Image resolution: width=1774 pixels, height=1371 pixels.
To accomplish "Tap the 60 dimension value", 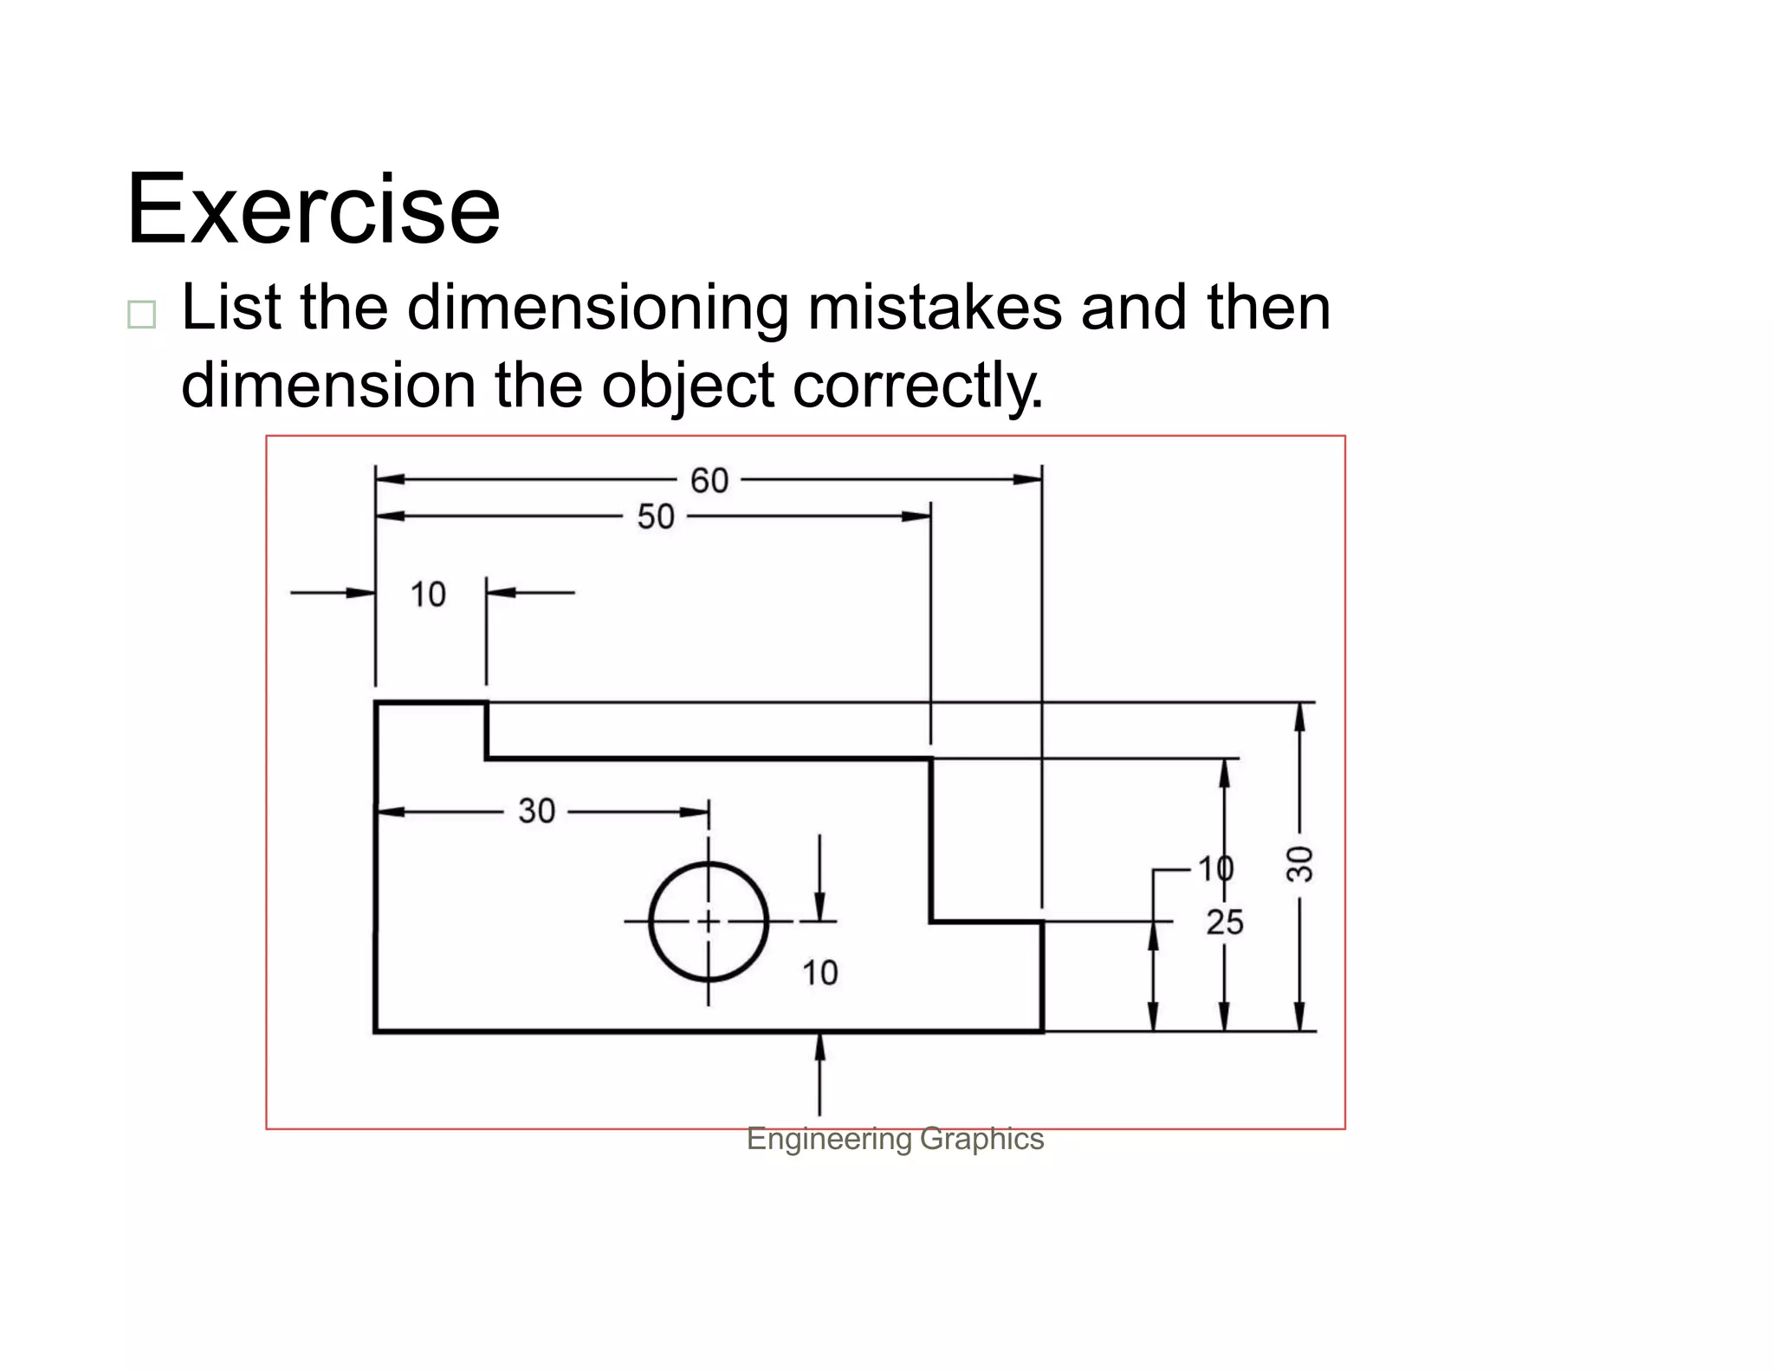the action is (709, 481).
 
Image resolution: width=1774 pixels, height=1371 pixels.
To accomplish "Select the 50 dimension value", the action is (656, 517).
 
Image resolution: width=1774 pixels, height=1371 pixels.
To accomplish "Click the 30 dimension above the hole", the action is (536, 811).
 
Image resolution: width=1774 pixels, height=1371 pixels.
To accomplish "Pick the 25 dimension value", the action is (1225, 923).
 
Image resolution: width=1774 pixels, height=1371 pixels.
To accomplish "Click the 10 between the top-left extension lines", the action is (428, 595).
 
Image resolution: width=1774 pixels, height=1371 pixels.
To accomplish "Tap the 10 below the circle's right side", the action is (819, 973).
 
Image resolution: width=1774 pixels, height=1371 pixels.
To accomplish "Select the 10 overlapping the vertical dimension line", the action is (1215, 867).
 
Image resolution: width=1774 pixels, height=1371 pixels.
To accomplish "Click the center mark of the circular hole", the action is (709, 921).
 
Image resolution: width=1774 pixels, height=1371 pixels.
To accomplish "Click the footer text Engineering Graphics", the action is (895, 1139).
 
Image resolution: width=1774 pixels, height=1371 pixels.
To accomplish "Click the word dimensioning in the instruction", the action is (597, 309).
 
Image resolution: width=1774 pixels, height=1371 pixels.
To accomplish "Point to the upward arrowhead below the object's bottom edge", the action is (819, 1047).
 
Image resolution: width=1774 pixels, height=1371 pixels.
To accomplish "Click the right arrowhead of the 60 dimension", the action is (1028, 479).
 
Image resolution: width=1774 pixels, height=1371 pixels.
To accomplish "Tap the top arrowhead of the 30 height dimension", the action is (1298, 717).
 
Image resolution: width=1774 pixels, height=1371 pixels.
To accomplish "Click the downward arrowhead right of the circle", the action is (819, 906).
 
